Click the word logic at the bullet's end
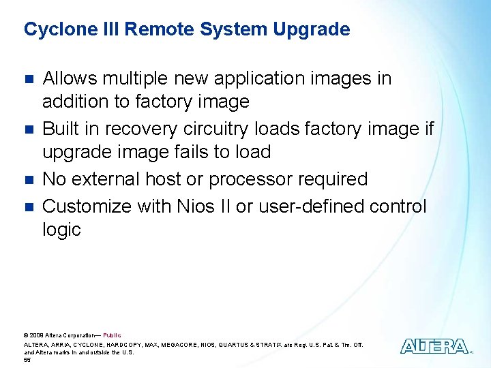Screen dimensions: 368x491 (61, 230)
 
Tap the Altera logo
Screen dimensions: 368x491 (434, 346)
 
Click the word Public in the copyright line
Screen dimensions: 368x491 (112, 335)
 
